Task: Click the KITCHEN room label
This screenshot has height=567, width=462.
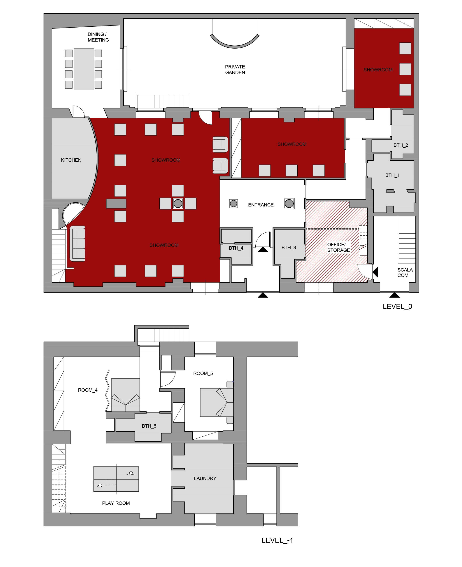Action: [x=71, y=160]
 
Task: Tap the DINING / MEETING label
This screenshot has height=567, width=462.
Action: [x=98, y=37]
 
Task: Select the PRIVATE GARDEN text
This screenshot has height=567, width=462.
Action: [x=235, y=70]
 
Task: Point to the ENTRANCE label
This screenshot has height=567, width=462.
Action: [x=261, y=205]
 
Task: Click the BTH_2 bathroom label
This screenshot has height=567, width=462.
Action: [x=401, y=145]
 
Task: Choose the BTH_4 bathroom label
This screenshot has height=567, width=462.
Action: [x=236, y=248]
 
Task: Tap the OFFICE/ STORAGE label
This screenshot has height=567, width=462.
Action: [x=338, y=247]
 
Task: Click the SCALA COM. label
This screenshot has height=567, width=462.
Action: [x=405, y=273]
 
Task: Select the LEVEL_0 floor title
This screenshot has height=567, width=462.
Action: [x=397, y=306]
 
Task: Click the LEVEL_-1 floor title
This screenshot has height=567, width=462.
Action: [x=277, y=540]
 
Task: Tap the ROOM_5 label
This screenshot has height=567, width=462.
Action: [x=203, y=373]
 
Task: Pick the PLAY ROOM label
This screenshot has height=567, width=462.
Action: [x=116, y=503]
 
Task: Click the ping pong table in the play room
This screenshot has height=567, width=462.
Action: [x=116, y=479]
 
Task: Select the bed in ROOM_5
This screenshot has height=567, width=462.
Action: [x=217, y=402]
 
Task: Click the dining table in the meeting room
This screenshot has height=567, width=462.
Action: [x=84, y=69]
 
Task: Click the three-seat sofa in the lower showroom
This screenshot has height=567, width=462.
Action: [x=77, y=244]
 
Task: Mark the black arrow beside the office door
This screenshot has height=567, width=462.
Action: [x=375, y=272]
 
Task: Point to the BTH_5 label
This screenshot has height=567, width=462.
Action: [x=149, y=426]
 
